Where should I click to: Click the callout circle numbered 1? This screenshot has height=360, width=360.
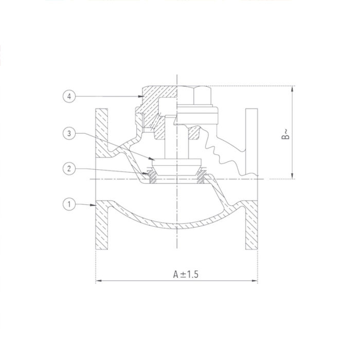point(68,204)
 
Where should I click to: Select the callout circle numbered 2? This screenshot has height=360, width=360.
point(68,168)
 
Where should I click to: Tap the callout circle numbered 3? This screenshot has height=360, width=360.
point(68,134)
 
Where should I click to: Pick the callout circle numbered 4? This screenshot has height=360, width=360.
point(68,96)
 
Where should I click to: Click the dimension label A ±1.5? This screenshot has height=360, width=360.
point(186,274)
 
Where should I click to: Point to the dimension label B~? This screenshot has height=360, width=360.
point(286,135)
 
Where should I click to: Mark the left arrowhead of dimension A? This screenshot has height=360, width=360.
point(98,281)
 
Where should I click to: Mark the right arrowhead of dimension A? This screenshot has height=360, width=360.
point(255,281)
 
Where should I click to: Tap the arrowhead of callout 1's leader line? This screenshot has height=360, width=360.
point(94,205)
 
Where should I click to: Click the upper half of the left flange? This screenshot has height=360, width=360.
point(101,134)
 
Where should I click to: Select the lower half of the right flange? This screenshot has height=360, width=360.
point(251,226)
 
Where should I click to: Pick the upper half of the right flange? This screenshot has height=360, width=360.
point(251,139)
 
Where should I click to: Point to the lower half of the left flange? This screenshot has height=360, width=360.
point(101,226)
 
